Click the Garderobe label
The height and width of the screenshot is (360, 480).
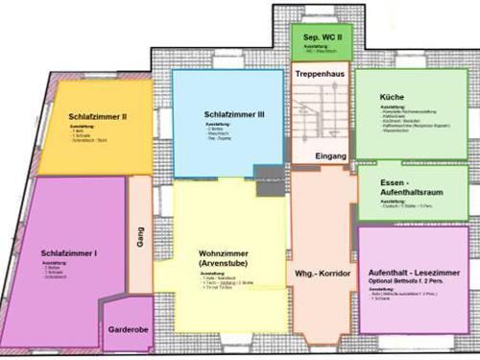(128, 340)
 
